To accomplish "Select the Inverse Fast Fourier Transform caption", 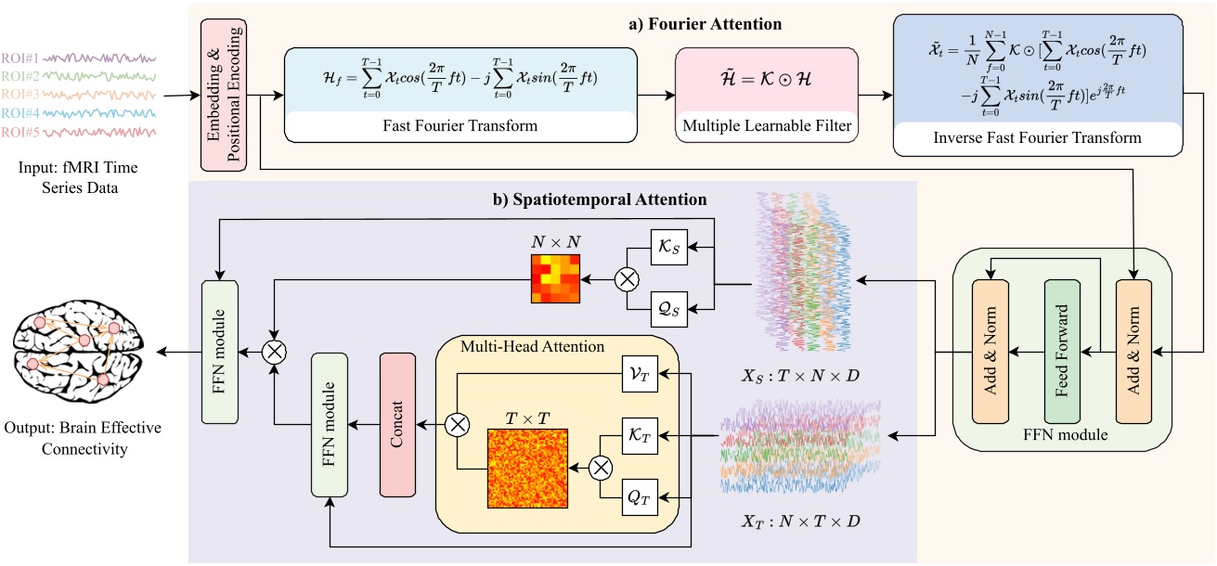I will point(1036,138).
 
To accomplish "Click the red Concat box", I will point(396,423).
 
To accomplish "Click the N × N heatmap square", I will point(555,277).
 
